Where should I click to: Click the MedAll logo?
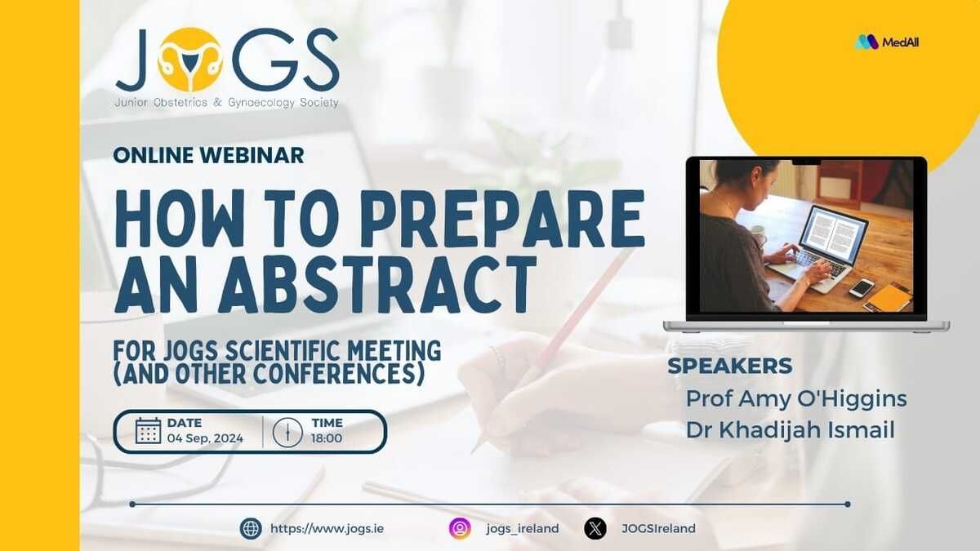(x=887, y=42)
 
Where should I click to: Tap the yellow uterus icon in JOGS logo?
(x=189, y=60)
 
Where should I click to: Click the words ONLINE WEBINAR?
(x=209, y=155)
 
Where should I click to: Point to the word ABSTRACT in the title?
(x=378, y=284)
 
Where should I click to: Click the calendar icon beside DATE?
(x=149, y=431)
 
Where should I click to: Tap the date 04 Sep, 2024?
(x=205, y=438)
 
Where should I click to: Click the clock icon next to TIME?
(x=287, y=432)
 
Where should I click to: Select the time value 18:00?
(x=327, y=438)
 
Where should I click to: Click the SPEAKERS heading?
(x=730, y=366)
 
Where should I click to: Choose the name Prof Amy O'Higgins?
(x=796, y=399)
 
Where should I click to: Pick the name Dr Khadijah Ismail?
(x=791, y=430)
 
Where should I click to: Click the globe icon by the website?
(x=251, y=528)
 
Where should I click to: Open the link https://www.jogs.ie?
(x=327, y=529)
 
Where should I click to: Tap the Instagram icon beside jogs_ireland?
(x=460, y=528)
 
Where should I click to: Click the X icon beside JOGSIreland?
(x=595, y=528)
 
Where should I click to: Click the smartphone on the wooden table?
(x=862, y=287)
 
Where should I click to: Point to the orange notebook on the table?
(x=889, y=297)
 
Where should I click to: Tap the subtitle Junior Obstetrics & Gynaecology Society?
(x=226, y=103)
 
